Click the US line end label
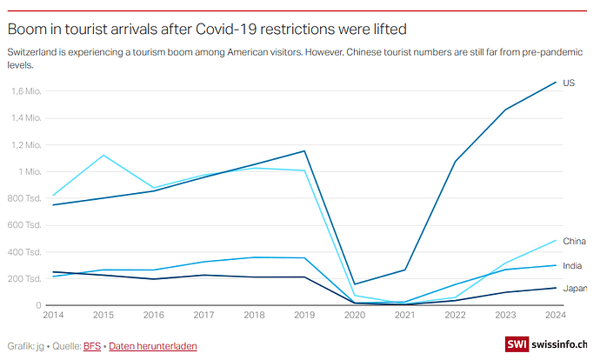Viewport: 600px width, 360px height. pyautogui.click(x=569, y=83)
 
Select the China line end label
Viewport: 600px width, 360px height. pyautogui.click(x=574, y=241)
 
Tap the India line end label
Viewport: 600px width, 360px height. pyautogui.click(x=573, y=265)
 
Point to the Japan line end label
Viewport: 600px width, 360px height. pyautogui.click(x=575, y=289)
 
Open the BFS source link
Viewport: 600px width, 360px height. pyautogui.click(x=92, y=346)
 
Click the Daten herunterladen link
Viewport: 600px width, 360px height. pyautogui.click(x=153, y=346)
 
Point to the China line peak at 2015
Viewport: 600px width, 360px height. pyautogui.click(x=103, y=155)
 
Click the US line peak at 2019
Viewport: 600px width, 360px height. pyautogui.click(x=303, y=151)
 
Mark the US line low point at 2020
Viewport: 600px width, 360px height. pyautogui.click(x=354, y=283)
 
